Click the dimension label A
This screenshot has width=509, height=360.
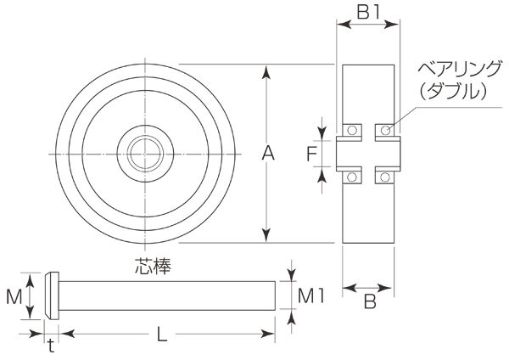click(x=268, y=154)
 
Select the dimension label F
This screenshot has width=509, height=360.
click(x=311, y=154)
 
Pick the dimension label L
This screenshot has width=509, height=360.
click(x=162, y=335)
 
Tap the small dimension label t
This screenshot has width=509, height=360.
click(x=50, y=345)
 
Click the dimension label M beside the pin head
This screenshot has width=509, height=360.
click(x=14, y=296)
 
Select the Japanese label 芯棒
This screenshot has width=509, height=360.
click(x=154, y=265)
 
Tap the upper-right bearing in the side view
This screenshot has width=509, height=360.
click(x=386, y=131)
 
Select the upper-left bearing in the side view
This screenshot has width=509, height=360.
click(x=350, y=131)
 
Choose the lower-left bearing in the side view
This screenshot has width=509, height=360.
click(x=350, y=176)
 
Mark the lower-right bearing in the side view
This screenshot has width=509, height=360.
click(x=386, y=176)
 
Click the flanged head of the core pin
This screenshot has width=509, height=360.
click(x=51, y=295)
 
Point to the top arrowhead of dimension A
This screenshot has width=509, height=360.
click(x=268, y=70)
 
